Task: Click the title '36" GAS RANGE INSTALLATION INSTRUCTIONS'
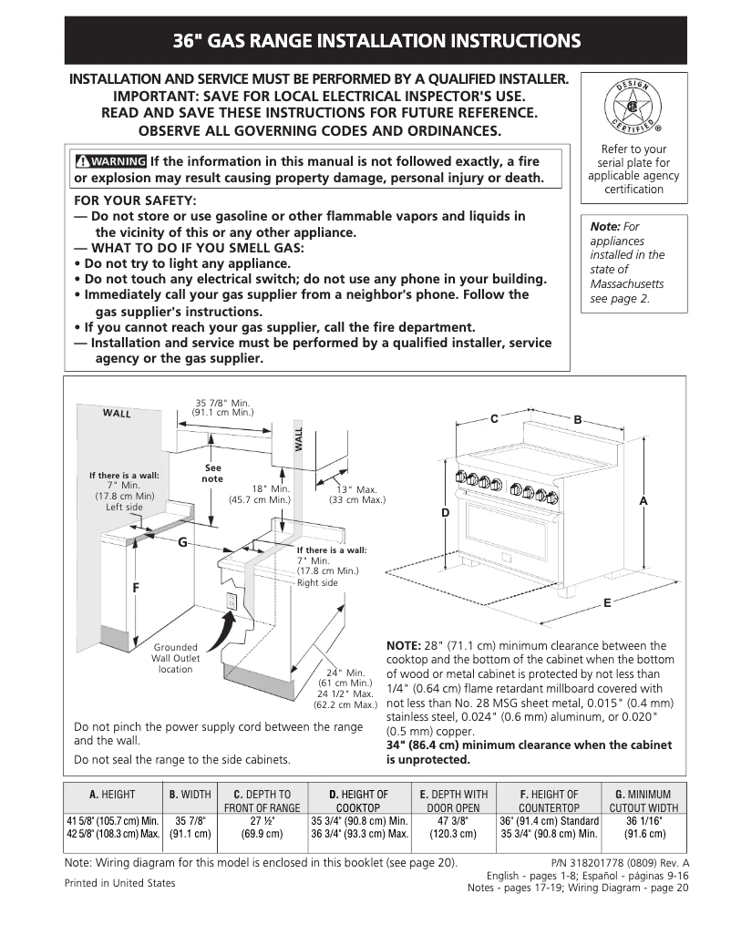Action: coord(376,41)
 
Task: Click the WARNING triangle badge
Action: coord(111,161)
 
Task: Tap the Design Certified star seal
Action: coord(625,105)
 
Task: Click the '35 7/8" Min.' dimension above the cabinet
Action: coord(222,403)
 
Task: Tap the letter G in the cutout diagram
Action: coord(182,542)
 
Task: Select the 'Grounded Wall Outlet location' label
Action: coord(175,658)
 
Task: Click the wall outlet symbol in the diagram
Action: coord(232,601)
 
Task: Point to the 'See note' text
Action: coord(212,473)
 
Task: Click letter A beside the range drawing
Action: coord(643,502)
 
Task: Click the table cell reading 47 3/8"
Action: coord(457,820)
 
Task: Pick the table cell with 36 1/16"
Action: coord(643,820)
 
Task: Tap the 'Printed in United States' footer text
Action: coord(120,882)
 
